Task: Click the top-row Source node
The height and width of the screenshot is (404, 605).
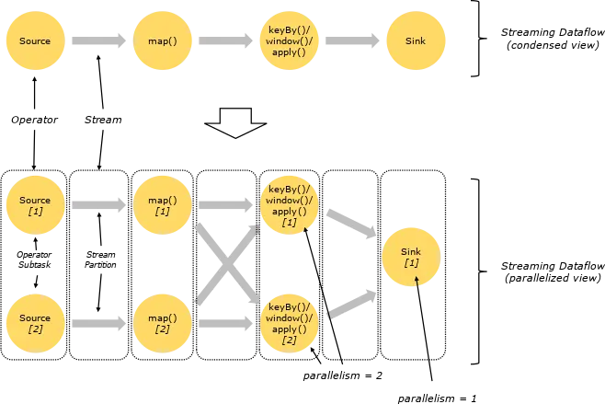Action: [x=35, y=40]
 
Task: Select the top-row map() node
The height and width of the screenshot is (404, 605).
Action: [x=162, y=40]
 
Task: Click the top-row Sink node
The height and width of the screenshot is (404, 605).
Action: [x=416, y=40]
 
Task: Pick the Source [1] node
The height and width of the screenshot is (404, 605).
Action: [x=35, y=205]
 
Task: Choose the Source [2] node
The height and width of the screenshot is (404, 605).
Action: [x=35, y=323]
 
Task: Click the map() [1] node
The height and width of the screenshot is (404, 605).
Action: [x=162, y=205]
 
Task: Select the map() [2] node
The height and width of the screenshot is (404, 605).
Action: [x=162, y=323]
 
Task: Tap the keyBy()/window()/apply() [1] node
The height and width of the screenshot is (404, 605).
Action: [x=289, y=205]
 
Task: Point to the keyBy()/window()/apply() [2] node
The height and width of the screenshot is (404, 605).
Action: [x=289, y=323]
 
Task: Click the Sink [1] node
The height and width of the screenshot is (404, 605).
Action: [x=411, y=257]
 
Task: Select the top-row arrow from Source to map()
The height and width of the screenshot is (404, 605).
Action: [x=97, y=41]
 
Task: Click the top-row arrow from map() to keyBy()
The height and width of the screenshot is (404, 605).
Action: [x=224, y=41]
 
